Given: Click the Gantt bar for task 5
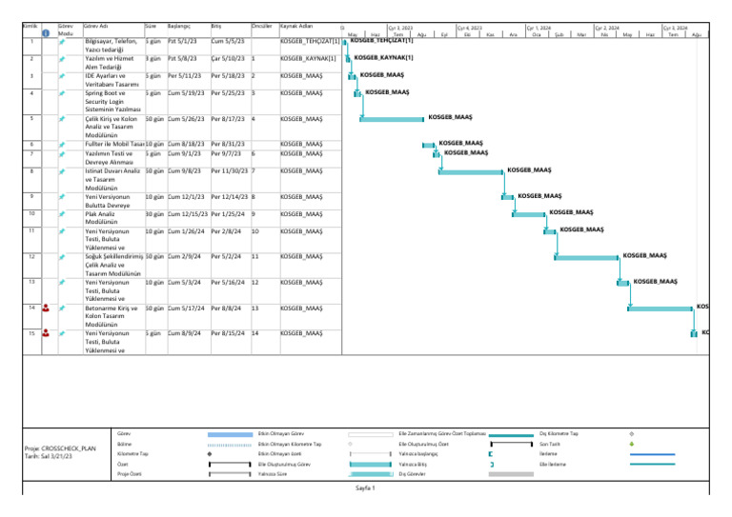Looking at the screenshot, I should (392, 119).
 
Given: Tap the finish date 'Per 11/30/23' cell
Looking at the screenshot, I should (229, 170).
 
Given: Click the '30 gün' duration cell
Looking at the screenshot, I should (154, 214).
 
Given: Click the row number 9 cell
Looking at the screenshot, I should (32, 197).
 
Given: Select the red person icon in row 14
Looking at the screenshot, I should (47, 308).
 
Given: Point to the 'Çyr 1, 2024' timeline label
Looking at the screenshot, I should (539, 30).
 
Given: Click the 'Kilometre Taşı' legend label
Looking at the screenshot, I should (131, 454).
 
